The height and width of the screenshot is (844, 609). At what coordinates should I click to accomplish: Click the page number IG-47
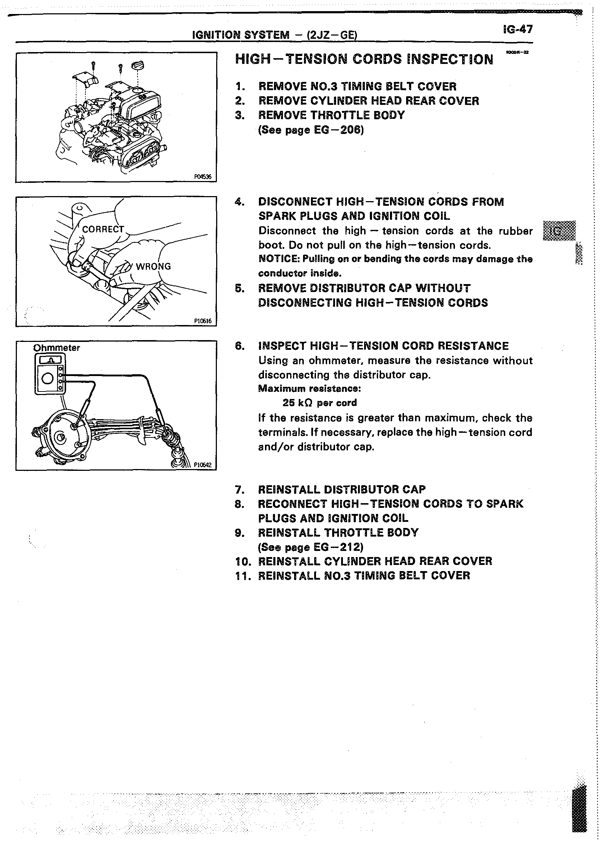pos(517,29)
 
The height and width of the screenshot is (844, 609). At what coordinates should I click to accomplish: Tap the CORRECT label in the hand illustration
pos(103,229)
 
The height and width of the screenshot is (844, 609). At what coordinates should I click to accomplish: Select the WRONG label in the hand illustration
pos(153,266)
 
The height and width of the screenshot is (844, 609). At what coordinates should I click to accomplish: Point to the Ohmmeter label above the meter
pos(56,348)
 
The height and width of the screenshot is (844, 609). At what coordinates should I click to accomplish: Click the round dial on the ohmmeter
pos(48,379)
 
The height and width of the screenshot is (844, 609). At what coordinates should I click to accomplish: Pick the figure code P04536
pos(203,177)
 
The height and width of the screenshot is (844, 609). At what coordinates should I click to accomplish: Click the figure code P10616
pos(203,321)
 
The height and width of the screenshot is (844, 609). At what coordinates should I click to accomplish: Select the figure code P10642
pos(203,465)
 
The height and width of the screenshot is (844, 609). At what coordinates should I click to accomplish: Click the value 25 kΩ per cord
pos(320,403)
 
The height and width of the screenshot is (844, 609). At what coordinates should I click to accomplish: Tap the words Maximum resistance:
pos(310,389)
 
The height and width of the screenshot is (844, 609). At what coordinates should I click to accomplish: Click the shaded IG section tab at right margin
pos(559,231)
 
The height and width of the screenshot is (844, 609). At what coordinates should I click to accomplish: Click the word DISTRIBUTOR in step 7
pos(362,490)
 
